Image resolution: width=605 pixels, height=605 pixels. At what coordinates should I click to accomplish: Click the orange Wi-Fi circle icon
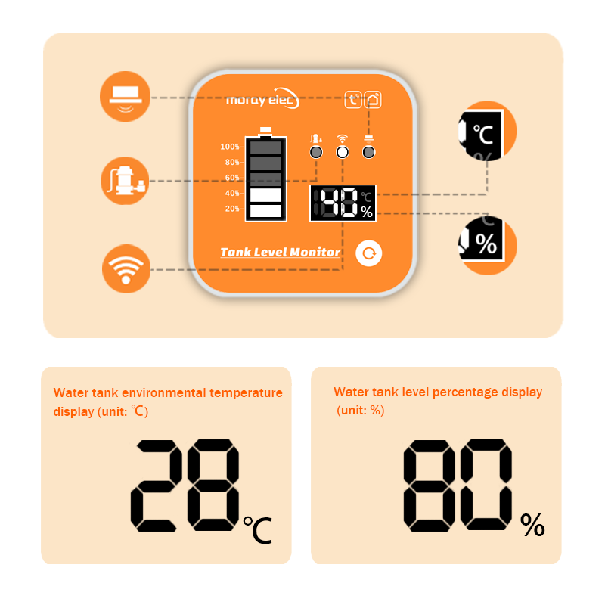126,269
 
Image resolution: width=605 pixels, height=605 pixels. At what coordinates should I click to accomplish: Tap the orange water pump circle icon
125,181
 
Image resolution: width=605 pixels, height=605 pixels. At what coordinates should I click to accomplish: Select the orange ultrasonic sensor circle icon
125,97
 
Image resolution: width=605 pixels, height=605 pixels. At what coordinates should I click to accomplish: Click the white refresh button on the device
369,253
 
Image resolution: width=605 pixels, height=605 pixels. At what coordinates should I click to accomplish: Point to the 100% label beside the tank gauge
230,147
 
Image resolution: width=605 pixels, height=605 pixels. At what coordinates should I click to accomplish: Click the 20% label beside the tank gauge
232,209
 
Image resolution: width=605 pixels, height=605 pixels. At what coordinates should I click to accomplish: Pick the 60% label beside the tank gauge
232,178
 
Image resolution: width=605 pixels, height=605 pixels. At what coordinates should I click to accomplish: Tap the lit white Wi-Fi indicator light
343,153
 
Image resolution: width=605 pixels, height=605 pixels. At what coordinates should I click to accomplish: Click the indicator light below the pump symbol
316,153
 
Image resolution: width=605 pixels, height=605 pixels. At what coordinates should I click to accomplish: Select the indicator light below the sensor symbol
368,153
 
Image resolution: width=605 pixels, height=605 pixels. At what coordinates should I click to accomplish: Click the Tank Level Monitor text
280,253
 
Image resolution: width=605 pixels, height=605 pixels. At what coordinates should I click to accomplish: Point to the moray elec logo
262,99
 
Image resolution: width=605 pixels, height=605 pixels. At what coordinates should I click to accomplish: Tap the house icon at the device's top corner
373,100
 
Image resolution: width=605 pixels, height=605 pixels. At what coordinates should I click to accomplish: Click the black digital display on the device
343,203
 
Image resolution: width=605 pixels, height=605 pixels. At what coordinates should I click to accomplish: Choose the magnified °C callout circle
487,131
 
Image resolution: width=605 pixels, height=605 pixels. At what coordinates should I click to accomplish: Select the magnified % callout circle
488,245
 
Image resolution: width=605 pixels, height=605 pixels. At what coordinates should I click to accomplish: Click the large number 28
185,486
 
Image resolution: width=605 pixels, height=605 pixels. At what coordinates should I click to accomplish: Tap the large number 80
458,485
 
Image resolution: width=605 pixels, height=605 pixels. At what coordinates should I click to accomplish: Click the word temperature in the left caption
247,392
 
